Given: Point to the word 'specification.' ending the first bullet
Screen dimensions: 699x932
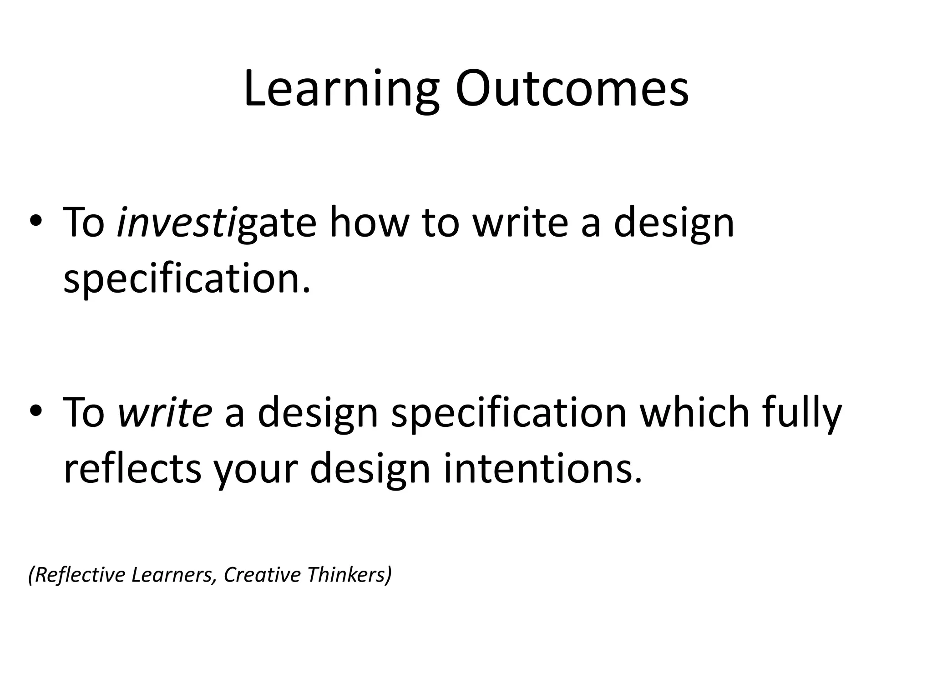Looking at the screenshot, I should [x=187, y=279].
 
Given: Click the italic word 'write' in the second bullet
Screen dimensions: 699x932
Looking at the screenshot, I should [x=165, y=412].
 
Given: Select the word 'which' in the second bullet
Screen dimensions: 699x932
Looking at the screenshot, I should [x=694, y=412].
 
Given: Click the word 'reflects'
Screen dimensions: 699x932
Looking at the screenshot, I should [x=132, y=469].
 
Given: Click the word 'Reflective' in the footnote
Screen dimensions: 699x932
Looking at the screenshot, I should [x=77, y=575].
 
